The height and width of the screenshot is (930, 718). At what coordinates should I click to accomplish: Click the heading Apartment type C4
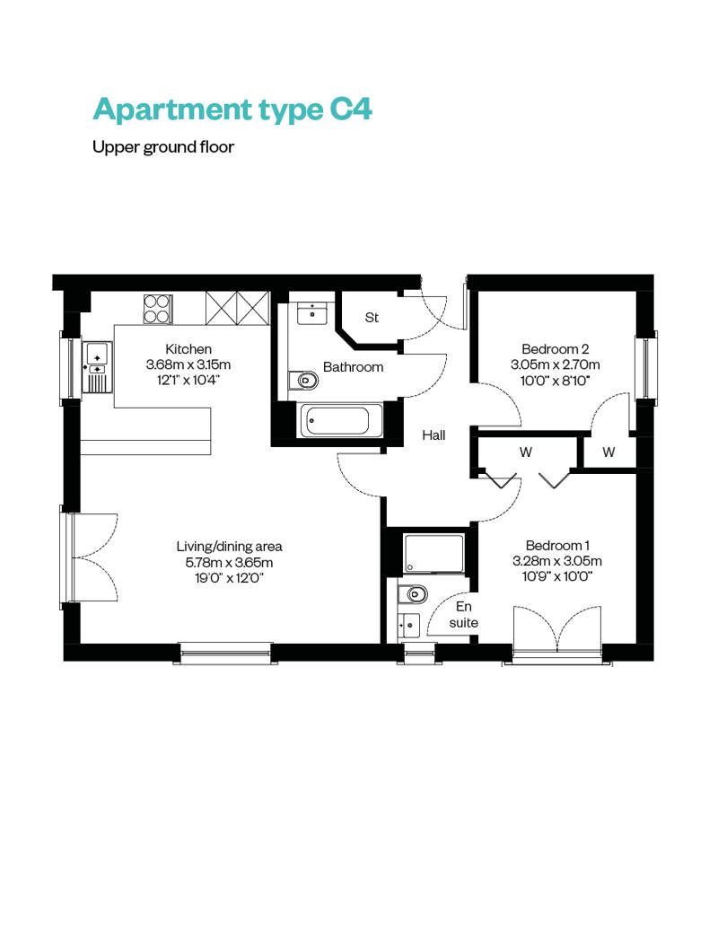(x=232, y=110)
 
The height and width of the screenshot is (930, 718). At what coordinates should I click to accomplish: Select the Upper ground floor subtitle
(x=163, y=147)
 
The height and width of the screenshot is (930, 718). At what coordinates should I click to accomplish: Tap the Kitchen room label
(x=188, y=348)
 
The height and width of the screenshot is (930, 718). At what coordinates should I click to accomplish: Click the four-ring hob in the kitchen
(x=158, y=309)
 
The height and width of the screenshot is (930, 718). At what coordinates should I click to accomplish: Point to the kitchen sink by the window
(x=97, y=368)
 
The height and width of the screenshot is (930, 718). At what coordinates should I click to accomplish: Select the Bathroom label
(x=354, y=367)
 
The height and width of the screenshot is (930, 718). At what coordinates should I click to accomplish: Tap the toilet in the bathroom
(x=303, y=380)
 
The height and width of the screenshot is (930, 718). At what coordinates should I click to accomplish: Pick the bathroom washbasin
(x=311, y=313)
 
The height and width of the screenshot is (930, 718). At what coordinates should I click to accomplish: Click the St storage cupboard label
(x=372, y=318)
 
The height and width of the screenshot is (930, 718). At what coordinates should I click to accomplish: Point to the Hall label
(x=433, y=435)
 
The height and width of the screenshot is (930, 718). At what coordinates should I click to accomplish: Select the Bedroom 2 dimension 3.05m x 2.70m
(x=555, y=364)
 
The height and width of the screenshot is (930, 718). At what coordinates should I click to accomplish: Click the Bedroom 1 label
(x=557, y=545)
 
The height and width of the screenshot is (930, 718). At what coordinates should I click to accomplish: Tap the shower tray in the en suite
(x=434, y=554)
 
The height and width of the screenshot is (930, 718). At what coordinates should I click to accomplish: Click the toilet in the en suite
(x=413, y=593)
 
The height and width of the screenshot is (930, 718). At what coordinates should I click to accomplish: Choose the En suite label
(x=464, y=614)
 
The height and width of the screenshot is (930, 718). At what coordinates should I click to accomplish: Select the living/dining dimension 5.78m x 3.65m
(x=229, y=562)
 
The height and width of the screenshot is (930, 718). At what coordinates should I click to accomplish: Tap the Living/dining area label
(x=229, y=547)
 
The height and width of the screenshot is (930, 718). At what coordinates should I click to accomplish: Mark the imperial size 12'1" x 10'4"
(x=188, y=381)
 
